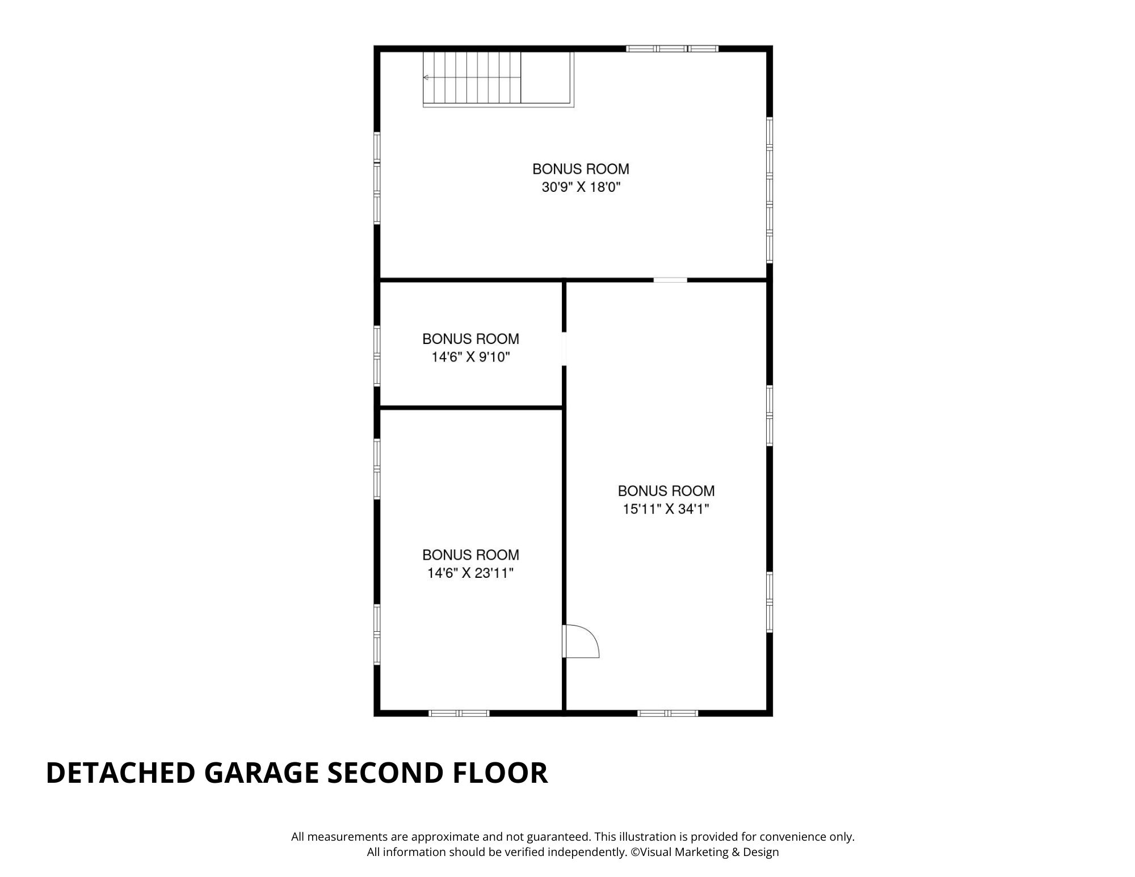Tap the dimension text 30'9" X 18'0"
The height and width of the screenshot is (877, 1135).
[x=581, y=187]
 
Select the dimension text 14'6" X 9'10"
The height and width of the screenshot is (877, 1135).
[x=471, y=357]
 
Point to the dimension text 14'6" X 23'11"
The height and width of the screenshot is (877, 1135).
[x=470, y=573]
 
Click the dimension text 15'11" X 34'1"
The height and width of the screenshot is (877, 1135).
[x=666, y=509]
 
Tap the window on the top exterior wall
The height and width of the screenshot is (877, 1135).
[x=672, y=49]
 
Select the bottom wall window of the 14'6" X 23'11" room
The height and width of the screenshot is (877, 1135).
[x=459, y=713]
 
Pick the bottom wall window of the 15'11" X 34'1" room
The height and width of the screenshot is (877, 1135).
[x=667, y=713]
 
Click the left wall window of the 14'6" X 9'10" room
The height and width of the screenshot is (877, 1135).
[x=377, y=356]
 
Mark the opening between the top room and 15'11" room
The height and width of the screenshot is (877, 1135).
[x=670, y=280]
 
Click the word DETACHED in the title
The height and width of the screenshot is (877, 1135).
[x=120, y=773]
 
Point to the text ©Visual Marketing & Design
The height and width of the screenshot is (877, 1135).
[x=705, y=852]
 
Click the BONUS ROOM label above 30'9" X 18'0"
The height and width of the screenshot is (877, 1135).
[x=581, y=169]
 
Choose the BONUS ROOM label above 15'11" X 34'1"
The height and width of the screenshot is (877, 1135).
[x=666, y=490]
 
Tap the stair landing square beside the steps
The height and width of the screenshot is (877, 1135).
[x=546, y=78]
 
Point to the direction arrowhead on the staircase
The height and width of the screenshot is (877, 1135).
[x=426, y=77]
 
